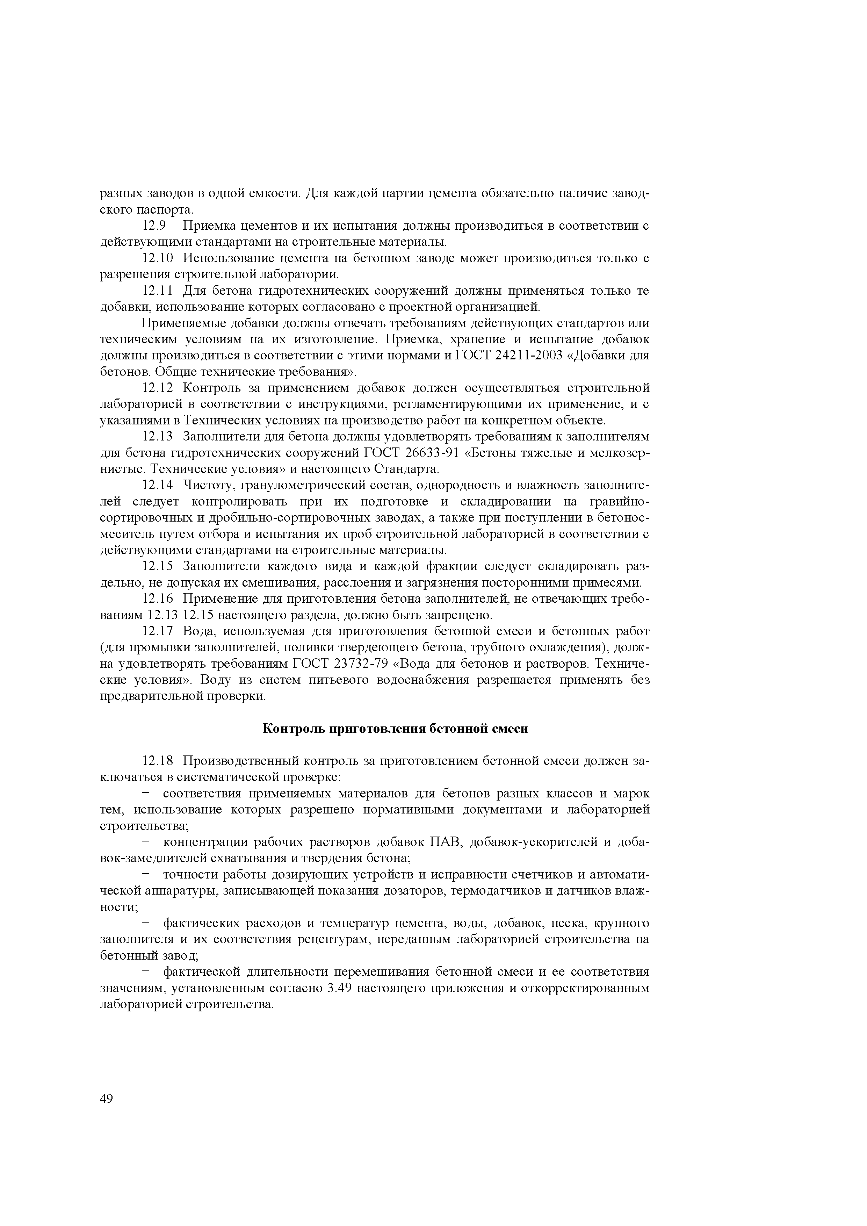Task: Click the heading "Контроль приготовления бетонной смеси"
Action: tap(396, 729)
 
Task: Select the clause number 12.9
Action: tap(154, 226)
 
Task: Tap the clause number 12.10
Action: tap(158, 258)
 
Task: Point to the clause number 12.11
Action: tap(158, 291)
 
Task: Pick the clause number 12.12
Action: tap(158, 388)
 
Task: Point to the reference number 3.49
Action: tap(338, 988)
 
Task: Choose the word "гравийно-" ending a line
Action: tap(619, 502)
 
